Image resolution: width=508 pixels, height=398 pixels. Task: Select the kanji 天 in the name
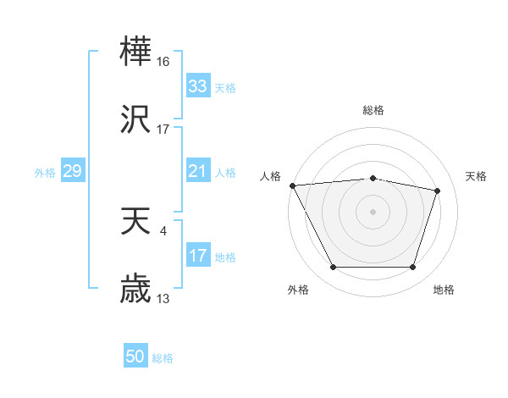[x=135, y=222]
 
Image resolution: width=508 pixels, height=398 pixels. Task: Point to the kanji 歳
[x=135, y=290]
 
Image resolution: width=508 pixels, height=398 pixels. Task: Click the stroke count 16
[x=163, y=62]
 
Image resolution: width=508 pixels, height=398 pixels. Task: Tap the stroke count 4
[x=163, y=230]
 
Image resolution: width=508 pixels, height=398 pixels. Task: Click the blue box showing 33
[x=197, y=86]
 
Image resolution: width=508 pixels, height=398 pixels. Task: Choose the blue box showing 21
[x=197, y=171]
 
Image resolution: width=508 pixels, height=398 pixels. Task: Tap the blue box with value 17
[x=197, y=256]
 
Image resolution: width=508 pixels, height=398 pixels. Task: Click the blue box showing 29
[x=72, y=171]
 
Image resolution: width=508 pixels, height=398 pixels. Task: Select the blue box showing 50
[x=135, y=357]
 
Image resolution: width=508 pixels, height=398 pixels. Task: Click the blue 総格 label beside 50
[x=163, y=358]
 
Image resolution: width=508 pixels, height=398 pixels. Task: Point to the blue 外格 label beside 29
[x=45, y=172]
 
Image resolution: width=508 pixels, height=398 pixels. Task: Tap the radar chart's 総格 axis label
[x=373, y=110]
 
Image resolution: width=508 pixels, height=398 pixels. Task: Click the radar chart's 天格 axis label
[x=477, y=176]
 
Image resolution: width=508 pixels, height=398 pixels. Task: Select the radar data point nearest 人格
[x=292, y=185]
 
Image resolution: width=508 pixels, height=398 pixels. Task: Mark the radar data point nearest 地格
[x=412, y=268]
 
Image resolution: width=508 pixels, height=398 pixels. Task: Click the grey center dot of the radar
[x=373, y=211]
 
